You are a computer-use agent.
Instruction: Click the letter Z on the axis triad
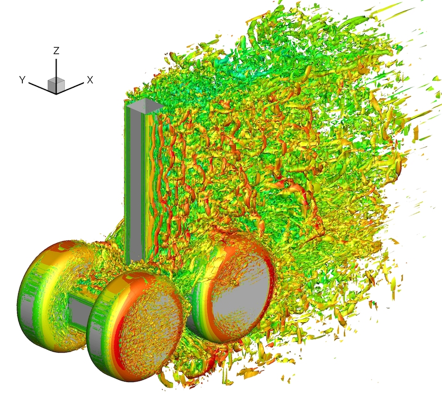tap(56, 50)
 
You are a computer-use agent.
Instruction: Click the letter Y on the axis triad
tap(22, 80)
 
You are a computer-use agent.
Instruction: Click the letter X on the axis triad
tap(90, 80)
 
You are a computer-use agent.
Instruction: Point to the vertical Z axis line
tap(56, 68)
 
